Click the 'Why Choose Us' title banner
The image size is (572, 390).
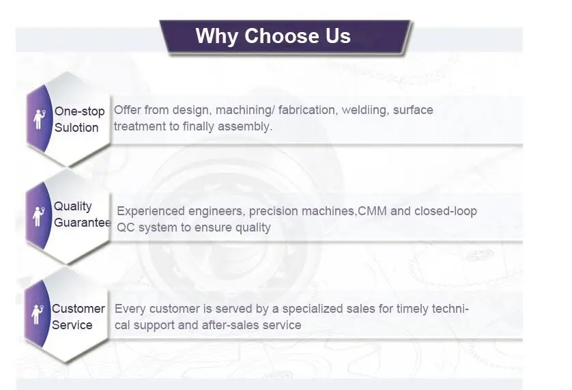click(x=287, y=38)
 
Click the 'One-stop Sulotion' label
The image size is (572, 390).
click(x=80, y=120)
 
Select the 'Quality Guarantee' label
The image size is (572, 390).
click(x=83, y=214)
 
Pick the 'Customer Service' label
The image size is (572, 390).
click(x=78, y=317)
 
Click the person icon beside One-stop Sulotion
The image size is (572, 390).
click(x=39, y=119)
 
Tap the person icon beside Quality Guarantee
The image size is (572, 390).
click(x=38, y=217)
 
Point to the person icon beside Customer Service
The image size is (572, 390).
click(x=38, y=314)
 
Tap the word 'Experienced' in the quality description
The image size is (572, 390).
click(x=151, y=211)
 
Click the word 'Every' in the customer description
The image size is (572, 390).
click(x=130, y=309)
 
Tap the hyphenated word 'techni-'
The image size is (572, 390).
click(x=450, y=309)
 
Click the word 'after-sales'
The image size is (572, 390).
click(x=233, y=325)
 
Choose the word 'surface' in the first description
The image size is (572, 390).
click(x=413, y=110)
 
